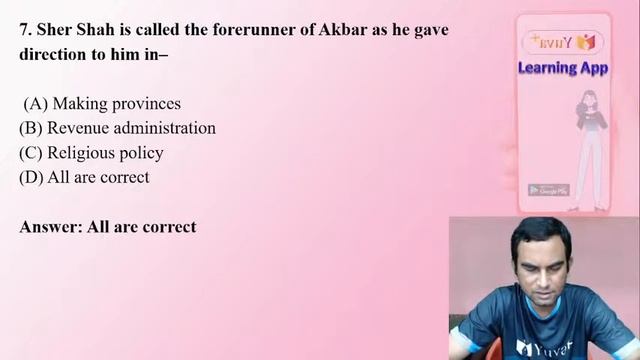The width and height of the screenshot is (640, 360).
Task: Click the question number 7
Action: click(x=25, y=30)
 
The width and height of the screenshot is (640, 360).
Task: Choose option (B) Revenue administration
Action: click(x=117, y=128)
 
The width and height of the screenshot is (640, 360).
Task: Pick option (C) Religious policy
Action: click(x=91, y=153)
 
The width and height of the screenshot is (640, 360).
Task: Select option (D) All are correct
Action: click(x=84, y=177)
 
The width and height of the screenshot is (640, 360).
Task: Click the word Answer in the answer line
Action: click(x=50, y=227)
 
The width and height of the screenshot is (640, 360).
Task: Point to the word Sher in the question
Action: click(x=54, y=30)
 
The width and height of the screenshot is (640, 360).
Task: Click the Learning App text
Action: click(x=561, y=68)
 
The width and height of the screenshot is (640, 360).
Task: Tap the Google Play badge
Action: click(x=548, y=190)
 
